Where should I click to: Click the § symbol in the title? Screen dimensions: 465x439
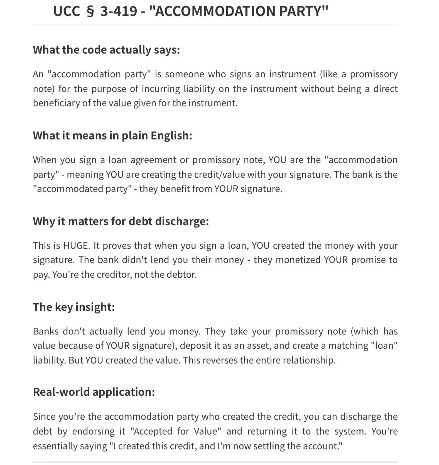[90, 12]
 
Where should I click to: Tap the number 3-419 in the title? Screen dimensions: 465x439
[119, 11]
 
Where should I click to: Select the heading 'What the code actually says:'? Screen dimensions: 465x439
[106, 50]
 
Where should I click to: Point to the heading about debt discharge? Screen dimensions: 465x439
[121, 221]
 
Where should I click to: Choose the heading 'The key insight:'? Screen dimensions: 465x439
[74, 307]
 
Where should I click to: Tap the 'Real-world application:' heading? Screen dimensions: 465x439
[94, 392]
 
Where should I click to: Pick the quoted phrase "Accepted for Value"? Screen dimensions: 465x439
[176, 431]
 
